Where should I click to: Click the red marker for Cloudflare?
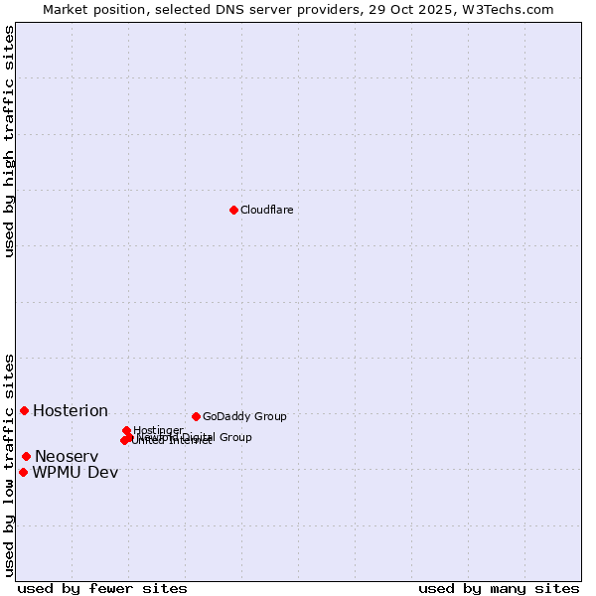tap(233, 210)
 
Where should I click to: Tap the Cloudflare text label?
tap(266, 210)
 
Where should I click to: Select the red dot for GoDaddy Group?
tap(196, 416)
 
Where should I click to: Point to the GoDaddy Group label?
tap(244, 416)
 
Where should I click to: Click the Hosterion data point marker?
tap(24, 410)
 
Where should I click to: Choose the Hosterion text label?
tap(71, 411)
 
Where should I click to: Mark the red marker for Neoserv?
tap(26, 456)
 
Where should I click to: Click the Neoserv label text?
tap(67, 457)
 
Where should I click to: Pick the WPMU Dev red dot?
tap(23, 472)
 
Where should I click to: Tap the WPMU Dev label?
tap(75, 473)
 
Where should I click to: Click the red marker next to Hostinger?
tap(126, 430)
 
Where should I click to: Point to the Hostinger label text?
tap(159, 430)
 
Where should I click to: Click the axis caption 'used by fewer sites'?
tap(102, 588)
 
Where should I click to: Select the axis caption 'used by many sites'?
tap(499, 588)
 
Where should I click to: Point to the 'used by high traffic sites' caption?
tap(9, 141)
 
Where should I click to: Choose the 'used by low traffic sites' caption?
tap(9, 464)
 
